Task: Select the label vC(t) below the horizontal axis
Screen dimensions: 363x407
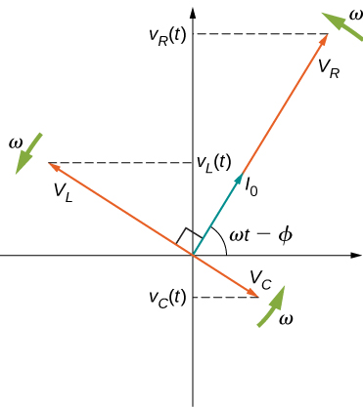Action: (x=167, y=297)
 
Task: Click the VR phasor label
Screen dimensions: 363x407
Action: (x=329, y=69)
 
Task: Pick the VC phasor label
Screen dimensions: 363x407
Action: (x=259, y=279)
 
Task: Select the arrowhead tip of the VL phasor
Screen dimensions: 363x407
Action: (x=48, y=162)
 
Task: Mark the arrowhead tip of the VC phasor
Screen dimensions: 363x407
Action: (x=260, y=297)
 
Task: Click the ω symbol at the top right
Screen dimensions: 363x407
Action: (x=354, y=15)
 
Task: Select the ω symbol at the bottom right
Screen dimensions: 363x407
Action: (x=285, y=320)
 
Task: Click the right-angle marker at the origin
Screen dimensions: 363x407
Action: (x=189, y=239)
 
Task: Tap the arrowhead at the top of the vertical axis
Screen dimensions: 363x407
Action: (x=194, y=10)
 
